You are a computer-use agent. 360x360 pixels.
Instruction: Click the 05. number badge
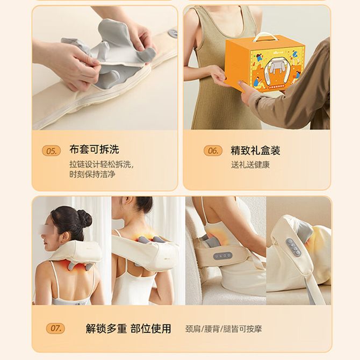[x=52, y=151]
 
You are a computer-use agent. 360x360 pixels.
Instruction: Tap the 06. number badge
[x=213, y=150]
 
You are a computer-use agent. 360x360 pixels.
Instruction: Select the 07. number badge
[x=55, y=328]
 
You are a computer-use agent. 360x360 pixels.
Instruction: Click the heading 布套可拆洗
[x=94, y=149]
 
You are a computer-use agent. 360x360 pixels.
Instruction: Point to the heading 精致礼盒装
[x=255, y=150]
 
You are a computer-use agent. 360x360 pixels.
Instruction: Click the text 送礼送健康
[x=250, y=165]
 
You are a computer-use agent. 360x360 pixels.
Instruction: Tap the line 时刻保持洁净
[x=92, y=174]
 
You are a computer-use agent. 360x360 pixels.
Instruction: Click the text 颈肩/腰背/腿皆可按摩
[x=224, y=329]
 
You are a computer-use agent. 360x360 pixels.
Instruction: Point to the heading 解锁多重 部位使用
[x=128, y=328]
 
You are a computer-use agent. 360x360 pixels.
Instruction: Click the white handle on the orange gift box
[x=262, y=37]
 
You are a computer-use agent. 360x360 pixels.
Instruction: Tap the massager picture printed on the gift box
[x=276, y=67]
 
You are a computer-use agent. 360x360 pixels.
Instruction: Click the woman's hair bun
[x=85, y=219]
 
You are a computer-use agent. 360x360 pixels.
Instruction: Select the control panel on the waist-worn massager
[x=222, y=256]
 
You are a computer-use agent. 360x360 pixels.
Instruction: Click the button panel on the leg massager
[x=294, y=248]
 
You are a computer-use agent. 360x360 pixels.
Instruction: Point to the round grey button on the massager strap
[x=172, y=34]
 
